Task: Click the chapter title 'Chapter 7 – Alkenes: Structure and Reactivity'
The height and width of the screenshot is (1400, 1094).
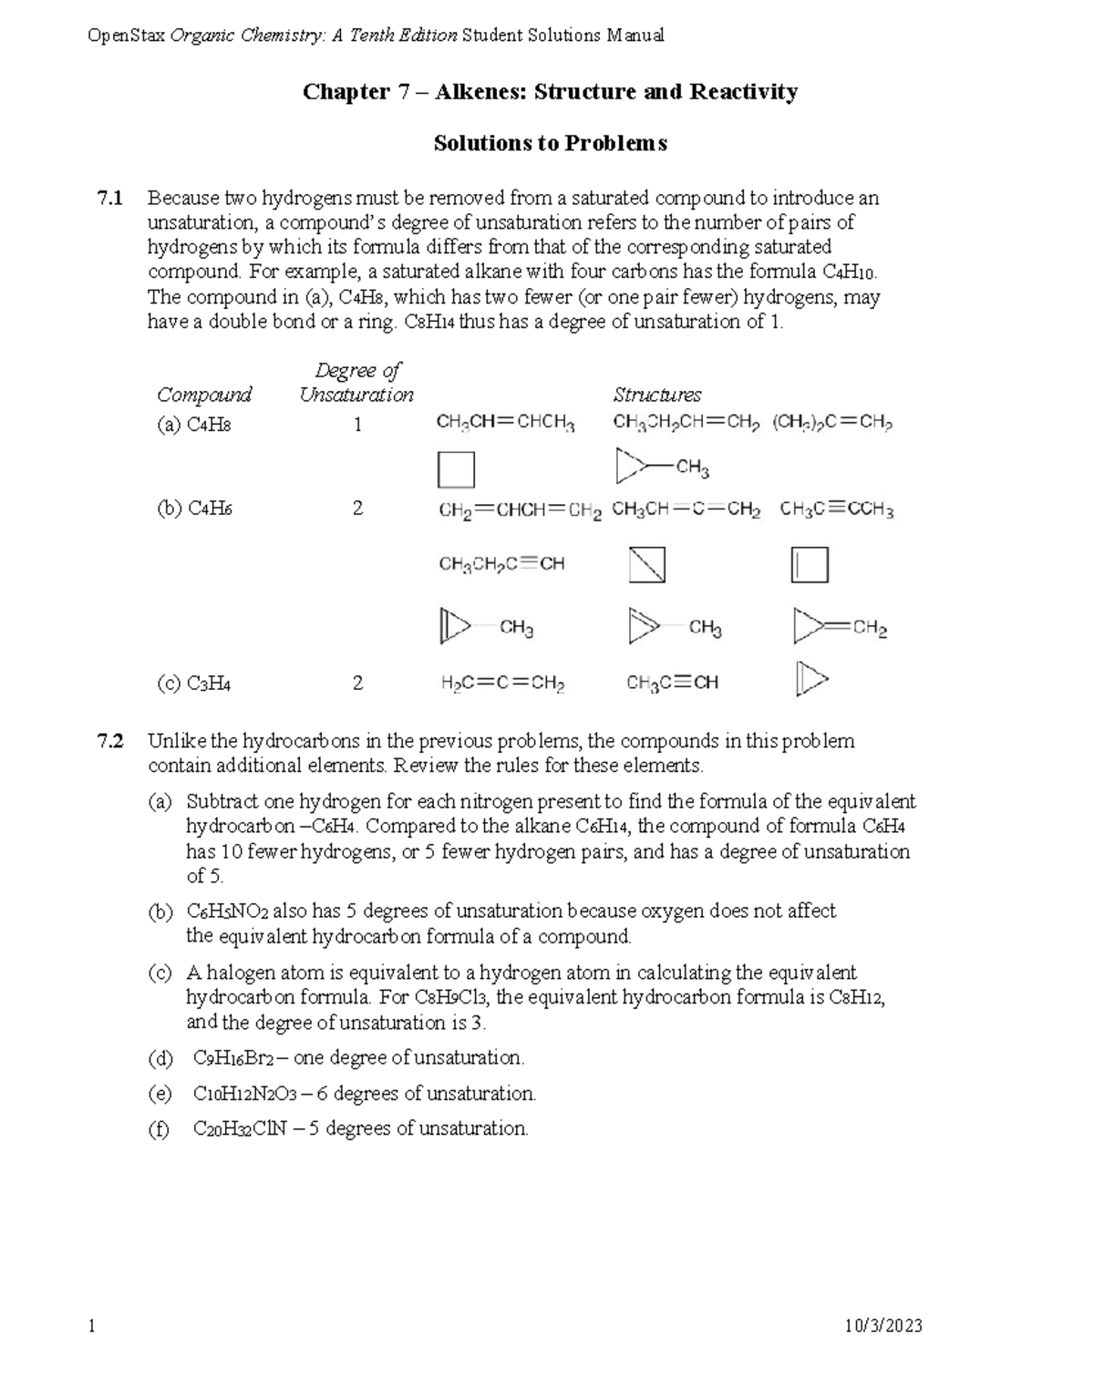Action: click(550, 91)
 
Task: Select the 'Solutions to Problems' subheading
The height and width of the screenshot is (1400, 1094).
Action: click(550, 143)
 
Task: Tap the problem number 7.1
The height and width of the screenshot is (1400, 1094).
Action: click(110, 198)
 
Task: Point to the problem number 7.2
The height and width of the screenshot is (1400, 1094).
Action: click(110, 741)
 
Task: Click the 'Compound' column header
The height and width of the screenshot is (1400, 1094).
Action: click(203, 395)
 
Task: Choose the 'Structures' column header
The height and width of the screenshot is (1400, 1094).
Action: click(656, 395)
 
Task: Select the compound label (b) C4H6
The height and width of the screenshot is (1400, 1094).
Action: click(194, 509)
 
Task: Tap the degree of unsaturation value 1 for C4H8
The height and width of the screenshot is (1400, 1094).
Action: click(357, 425)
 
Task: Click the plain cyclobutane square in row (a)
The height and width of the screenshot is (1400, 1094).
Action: click(456, 470)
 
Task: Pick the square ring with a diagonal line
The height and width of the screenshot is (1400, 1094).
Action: click(647, 564)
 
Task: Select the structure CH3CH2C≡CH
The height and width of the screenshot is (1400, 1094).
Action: click(501, 564)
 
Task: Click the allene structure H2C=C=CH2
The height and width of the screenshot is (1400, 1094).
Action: click(502, 684)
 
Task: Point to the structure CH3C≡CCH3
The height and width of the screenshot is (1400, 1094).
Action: click(836, 510)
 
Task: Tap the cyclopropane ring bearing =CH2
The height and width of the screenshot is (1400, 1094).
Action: click(839, 627)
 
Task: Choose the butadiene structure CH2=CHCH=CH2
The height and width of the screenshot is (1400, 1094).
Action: click(520, 510)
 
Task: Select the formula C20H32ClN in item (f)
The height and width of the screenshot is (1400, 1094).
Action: click(240, 1129)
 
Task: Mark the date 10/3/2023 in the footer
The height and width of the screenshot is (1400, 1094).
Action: click(884, 1326)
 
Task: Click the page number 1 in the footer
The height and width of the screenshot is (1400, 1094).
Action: click(91, 1326)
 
